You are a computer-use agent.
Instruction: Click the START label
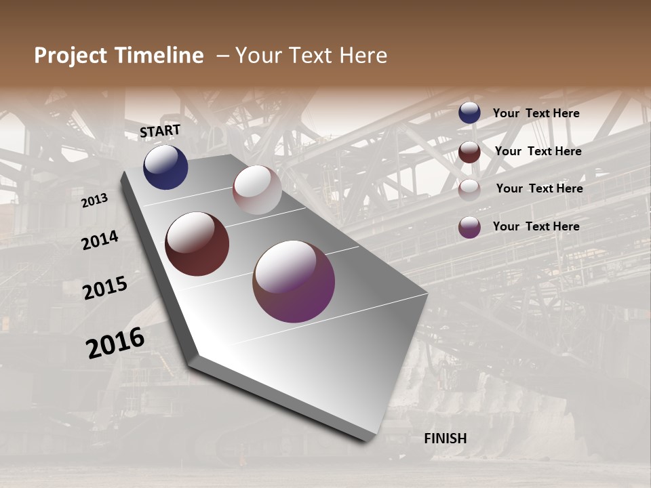coord(160,131)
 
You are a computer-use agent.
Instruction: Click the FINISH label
coord(445,439)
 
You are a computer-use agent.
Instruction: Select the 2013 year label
coord(94,201)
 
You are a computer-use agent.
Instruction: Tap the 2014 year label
coord(100,240)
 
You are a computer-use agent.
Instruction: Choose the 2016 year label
coord(115,342)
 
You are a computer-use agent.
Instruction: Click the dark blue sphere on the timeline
coord(165,167)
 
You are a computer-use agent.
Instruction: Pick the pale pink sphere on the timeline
coord(257,190)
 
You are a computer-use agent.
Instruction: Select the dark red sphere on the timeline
coord(197,244)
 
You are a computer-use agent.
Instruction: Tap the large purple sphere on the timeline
coord(294,281)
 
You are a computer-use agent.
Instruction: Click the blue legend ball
coord(469,113)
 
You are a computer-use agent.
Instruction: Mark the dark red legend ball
coord(469,152)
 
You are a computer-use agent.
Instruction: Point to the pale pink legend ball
coord(469,189)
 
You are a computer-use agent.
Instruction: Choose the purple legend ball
coord(469,227)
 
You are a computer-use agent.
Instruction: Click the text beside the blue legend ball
coord(536,114)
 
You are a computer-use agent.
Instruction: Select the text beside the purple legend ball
coord(536,226)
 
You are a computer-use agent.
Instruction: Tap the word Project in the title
coord(70,56)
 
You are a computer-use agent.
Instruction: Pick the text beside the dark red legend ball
coord(538,151)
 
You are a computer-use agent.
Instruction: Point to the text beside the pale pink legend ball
coord(539,188)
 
